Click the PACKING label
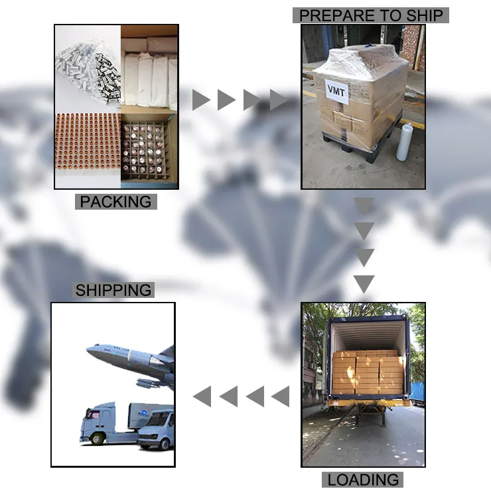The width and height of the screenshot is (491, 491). [x=115, y=202]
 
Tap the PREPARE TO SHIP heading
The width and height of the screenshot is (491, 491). [x=371, y=15]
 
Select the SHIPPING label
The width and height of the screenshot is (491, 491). [x=113, y=290]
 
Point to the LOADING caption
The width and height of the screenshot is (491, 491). [x=363, y=479]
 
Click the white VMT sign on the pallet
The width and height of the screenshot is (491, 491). [x=336, y=90]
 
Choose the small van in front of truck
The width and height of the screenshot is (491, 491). [x=157, y=430]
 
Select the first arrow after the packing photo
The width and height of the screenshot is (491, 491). [x=200, y=100]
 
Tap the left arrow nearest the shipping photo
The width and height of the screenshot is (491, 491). [x=202, y=397]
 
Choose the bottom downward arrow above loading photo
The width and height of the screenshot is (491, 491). [x=364, y=284]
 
